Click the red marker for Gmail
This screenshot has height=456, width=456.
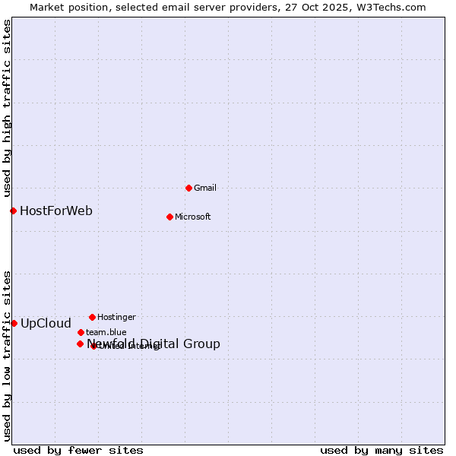pos(188,188)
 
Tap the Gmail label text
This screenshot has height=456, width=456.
pos(205,188)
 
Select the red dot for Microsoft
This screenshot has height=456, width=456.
pos(169,217)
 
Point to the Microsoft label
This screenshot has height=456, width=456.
pos(193,217)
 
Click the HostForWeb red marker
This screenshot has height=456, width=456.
pos(13,211)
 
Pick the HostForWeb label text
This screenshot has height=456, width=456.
pos(56,211)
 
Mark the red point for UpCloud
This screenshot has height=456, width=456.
pos(14,323)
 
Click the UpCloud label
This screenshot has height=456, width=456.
pos(46,324)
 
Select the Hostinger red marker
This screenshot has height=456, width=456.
pos(92,317)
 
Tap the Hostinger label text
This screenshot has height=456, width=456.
pos(116,318)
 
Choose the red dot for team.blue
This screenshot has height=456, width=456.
pos(81,332)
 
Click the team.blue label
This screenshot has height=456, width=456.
pos(106,333)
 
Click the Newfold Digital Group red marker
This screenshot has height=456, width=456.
pos(80,344)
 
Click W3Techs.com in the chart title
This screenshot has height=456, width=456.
pos(391,8)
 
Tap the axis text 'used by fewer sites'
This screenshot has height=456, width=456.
pos(78,450)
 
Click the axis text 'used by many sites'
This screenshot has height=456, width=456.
pos(382,450)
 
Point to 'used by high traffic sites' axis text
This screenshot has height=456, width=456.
pos(8,107)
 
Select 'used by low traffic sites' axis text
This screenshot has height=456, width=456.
pos(8,356)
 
